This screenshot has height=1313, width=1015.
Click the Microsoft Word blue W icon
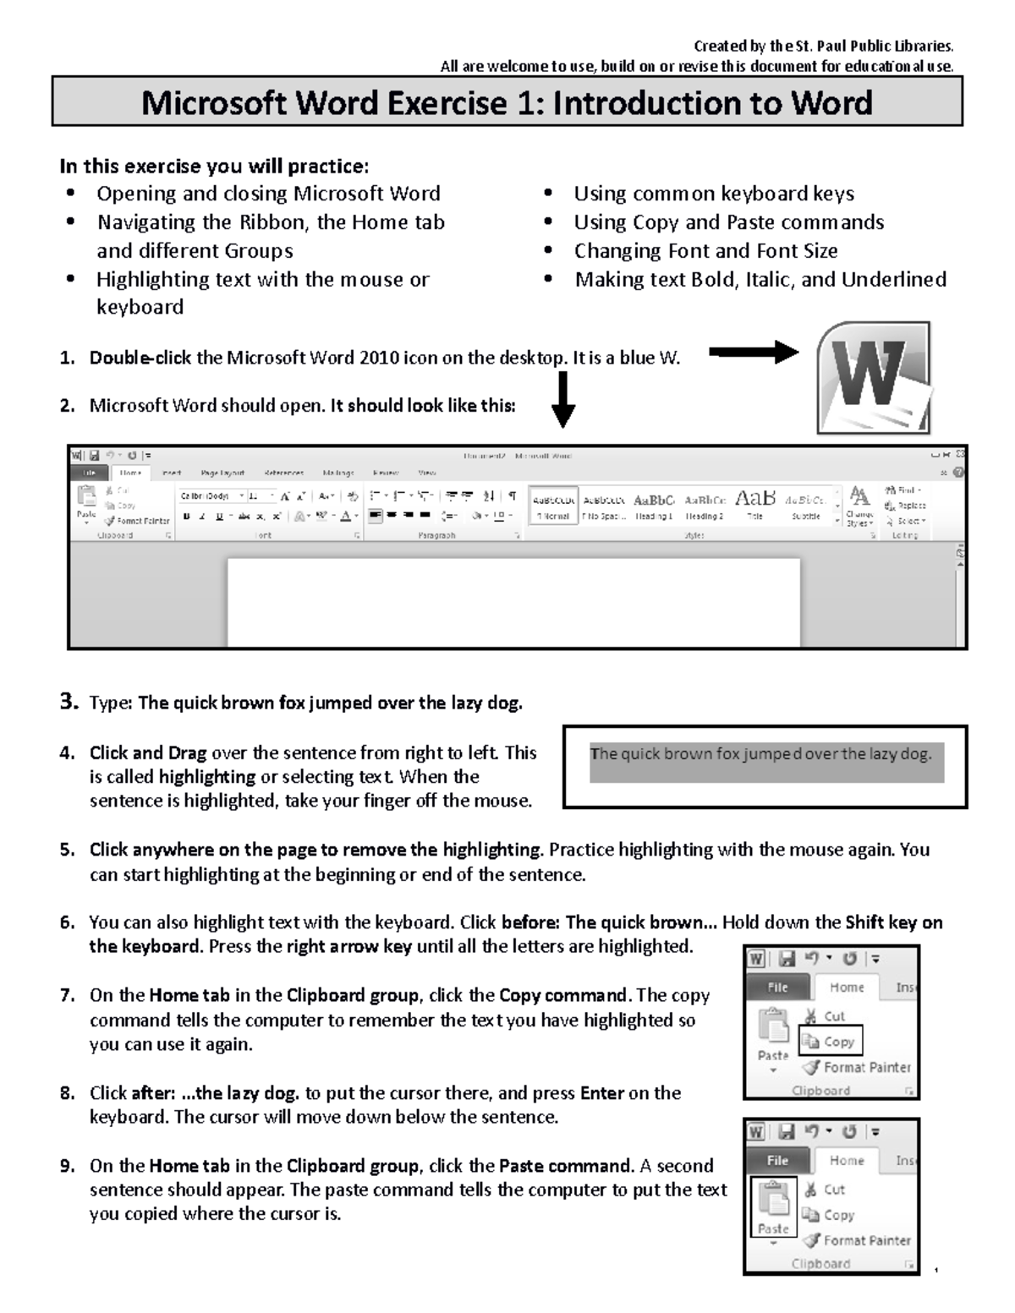tap(873, 377)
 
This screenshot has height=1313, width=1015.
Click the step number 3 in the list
tap(69, 702)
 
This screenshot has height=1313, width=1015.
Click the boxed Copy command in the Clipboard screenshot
tap(830, 1042)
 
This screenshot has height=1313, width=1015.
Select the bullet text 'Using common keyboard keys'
tap(714, 194)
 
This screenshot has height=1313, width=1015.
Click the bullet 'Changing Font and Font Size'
tap(705, 251)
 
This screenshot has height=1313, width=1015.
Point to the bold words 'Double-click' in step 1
tap(140, 358)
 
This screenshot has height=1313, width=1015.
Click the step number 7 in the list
tap(68, 995)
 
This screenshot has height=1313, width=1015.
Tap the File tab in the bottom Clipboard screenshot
tap(777, 1160)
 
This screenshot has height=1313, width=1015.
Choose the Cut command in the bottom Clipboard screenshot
tap(833, 1189)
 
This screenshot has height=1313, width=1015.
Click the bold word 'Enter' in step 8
tap(601, 1092)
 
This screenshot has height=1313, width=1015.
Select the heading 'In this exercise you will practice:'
tap(214, 166)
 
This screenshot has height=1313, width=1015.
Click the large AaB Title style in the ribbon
tap(754, 500)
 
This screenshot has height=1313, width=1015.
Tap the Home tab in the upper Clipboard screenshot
tap(846, 987)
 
